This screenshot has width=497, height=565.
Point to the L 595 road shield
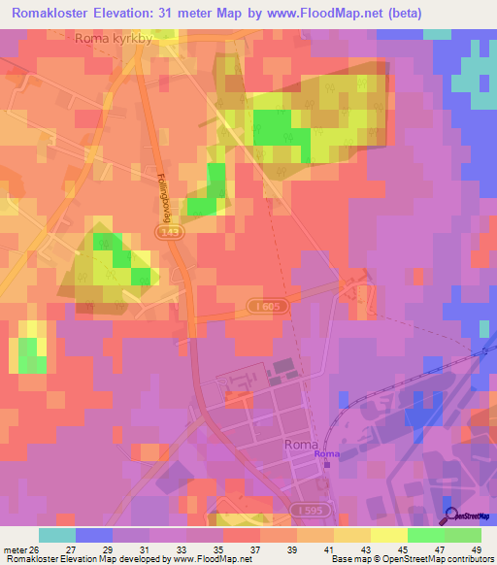(310, 510)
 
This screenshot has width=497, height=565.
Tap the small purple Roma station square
(327, 464)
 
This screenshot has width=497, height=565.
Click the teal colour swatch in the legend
(57, 535)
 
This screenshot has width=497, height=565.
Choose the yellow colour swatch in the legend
(389, 535)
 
